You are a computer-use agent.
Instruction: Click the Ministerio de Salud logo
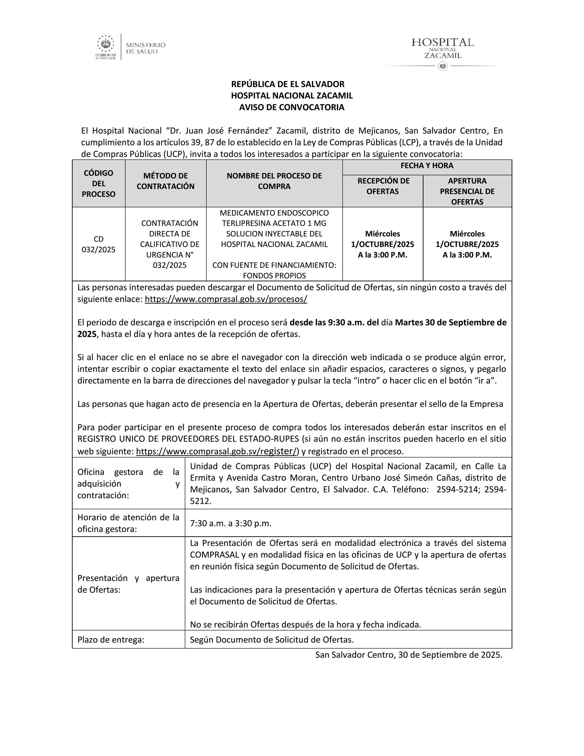click(x=131, y=47)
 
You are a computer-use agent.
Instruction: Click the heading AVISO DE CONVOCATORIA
click(x=292, y=107)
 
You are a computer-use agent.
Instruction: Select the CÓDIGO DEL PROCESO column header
click(x=99, y=184)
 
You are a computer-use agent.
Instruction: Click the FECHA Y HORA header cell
click(x=427, y=166)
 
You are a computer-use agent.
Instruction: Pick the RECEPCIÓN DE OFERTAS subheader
click(x=383, y=186)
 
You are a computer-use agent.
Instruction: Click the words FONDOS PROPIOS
click(x=274, y=276)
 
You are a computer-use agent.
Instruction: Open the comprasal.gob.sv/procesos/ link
click(x=226, y=299)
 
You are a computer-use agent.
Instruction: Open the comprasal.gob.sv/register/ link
click(x=217, y=451)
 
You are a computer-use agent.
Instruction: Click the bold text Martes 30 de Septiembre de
click(x=450, y=323)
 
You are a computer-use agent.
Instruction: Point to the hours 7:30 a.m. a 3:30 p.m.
click(x=230, y=523)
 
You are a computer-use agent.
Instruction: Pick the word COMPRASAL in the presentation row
click(x=215, y=555)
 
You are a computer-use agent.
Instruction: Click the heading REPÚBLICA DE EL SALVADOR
click(x=288, y=84)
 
